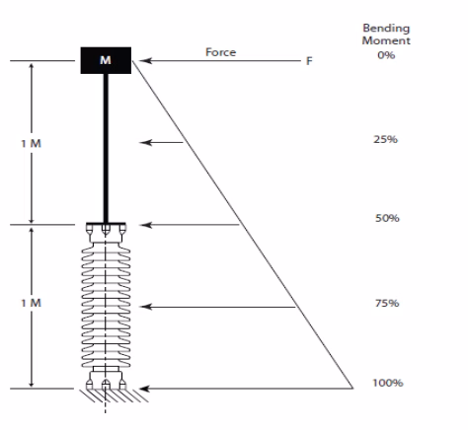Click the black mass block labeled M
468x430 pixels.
106,60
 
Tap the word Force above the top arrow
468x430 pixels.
220,52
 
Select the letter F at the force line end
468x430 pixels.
309,61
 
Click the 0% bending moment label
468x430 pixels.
386,55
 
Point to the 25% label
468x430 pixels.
385,139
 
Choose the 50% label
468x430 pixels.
387,218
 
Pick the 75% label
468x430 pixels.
387,303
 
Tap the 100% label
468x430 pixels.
388,383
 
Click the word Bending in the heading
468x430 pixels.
386,29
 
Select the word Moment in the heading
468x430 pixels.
386,40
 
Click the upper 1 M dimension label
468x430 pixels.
31,144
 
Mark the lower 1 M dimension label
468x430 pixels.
31,303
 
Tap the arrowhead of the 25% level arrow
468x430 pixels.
145,142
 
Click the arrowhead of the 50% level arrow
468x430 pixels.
145,225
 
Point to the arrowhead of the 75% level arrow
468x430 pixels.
145,307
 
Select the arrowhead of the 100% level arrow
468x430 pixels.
145,389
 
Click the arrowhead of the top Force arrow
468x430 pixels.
145,61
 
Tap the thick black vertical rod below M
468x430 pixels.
106,148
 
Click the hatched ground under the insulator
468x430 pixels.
114,396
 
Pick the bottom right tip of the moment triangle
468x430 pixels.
353,389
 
